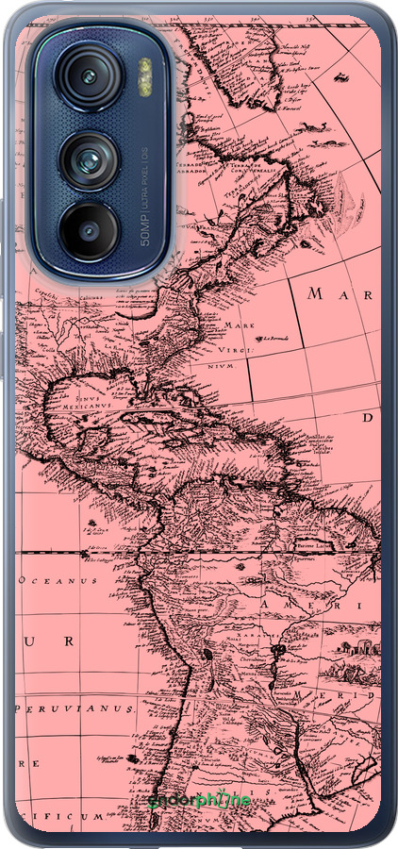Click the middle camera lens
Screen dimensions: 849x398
coord(91,159)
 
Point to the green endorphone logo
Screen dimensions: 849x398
coord(199,800)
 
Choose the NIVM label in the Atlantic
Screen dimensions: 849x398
coord(220,363)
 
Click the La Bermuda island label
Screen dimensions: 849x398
coord(275,339)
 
